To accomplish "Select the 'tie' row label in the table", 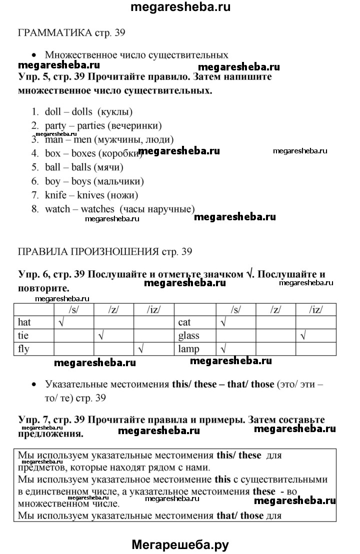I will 22,336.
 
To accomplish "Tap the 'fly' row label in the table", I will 23,349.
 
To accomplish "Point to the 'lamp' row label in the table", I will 189,349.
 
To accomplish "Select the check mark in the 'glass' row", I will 302,336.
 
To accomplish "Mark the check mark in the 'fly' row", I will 141,349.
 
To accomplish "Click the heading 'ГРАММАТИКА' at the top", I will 55,33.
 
